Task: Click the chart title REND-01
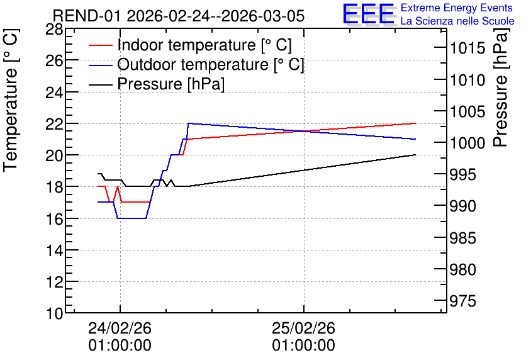87,16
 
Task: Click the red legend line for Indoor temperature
101,45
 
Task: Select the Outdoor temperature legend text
211,64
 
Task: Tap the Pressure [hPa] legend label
171,84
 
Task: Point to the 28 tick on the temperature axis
54,30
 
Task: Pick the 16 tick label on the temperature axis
54,220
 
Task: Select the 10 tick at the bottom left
54,314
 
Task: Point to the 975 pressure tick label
463,301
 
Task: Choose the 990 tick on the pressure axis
463,206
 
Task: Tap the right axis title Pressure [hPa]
501,87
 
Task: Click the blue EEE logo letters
368,14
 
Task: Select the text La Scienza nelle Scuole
457,21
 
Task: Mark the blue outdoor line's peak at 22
189,123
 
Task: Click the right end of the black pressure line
415,155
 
